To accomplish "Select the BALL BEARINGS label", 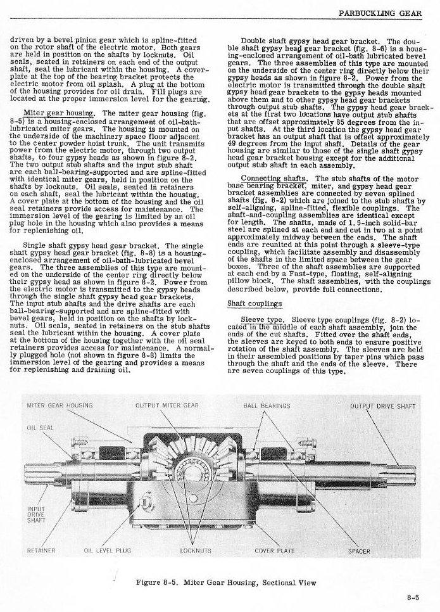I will pos(267,405).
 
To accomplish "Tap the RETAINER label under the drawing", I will pos(41,551).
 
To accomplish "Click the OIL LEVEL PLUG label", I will pos(107,551).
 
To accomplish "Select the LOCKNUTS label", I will pos(196,551).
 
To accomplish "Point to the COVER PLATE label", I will pos(274,551).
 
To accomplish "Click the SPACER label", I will pos(360,551).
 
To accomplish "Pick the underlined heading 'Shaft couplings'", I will pos(246,303).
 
